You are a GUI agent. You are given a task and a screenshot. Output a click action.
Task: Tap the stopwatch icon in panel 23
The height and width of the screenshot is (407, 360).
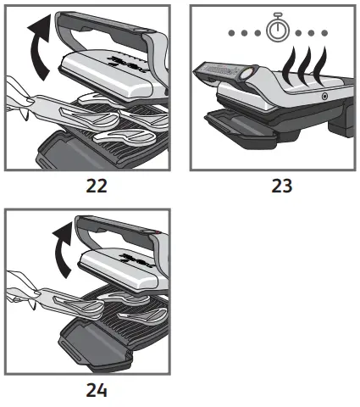point(278,31)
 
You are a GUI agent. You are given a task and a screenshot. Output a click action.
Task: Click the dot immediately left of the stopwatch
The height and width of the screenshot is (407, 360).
point(257,33)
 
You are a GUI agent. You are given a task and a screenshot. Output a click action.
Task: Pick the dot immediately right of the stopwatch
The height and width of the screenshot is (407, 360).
point(299,33)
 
